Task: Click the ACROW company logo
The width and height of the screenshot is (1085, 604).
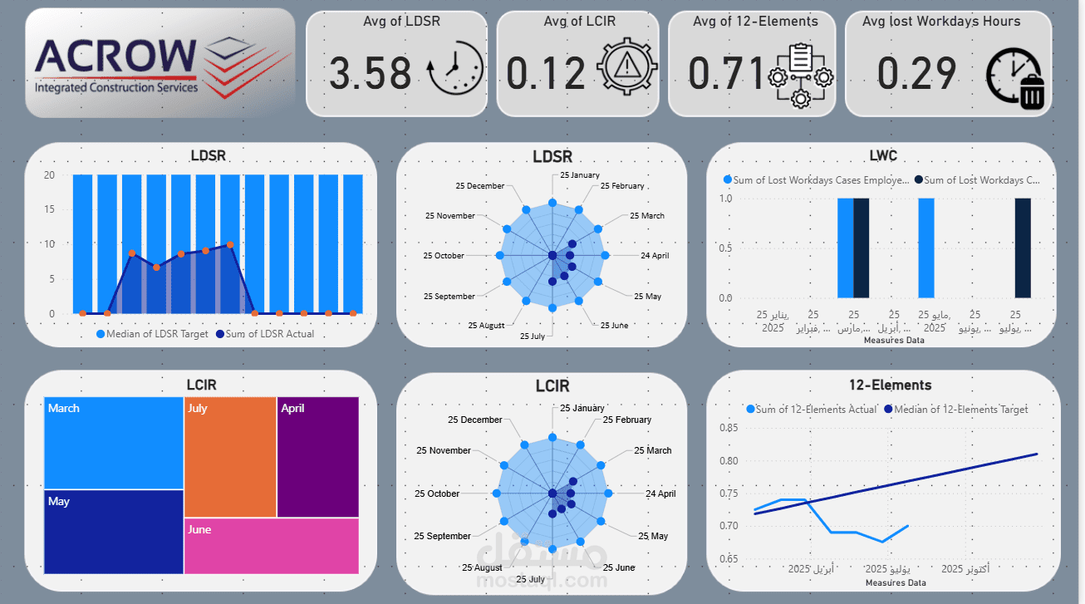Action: click(160, 63)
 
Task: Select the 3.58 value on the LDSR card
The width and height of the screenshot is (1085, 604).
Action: click(370, 72)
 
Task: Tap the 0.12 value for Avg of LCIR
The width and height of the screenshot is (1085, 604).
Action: click(546, 72)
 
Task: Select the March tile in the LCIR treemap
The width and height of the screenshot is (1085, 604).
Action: click(113, 443)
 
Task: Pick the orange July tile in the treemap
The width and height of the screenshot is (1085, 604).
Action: click(229, 457)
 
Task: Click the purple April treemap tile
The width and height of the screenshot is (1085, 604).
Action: click(317, 457)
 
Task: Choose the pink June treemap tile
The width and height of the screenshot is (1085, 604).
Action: click(271, 546)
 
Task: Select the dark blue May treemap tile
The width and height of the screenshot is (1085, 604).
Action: click(113, 532)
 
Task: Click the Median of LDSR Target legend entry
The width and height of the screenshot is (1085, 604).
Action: click(152, 334)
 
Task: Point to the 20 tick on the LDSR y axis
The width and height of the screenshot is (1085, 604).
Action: click(49, 175)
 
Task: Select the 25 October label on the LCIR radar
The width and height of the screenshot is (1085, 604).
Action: click(437, 494)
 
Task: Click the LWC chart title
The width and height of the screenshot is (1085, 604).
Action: click(882, 155)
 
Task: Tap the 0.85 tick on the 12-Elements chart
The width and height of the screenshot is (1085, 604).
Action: click(728, 429)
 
